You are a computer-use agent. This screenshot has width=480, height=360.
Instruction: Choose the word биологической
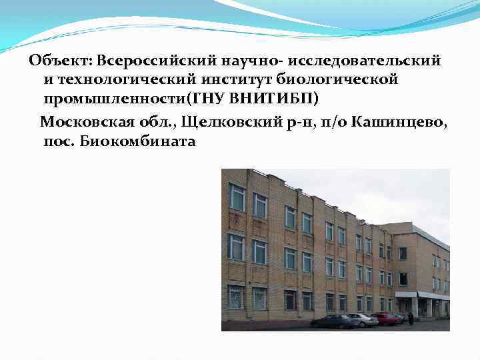click(340, 80)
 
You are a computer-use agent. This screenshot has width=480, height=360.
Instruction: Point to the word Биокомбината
click(137, 141)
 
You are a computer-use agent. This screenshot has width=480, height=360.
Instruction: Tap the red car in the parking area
click(387, 318)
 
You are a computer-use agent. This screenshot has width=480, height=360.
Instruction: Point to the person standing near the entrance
click(411, 319)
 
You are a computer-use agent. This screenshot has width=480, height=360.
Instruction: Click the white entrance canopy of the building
click(423, 295)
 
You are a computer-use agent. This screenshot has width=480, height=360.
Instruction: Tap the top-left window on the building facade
click(237, 197)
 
